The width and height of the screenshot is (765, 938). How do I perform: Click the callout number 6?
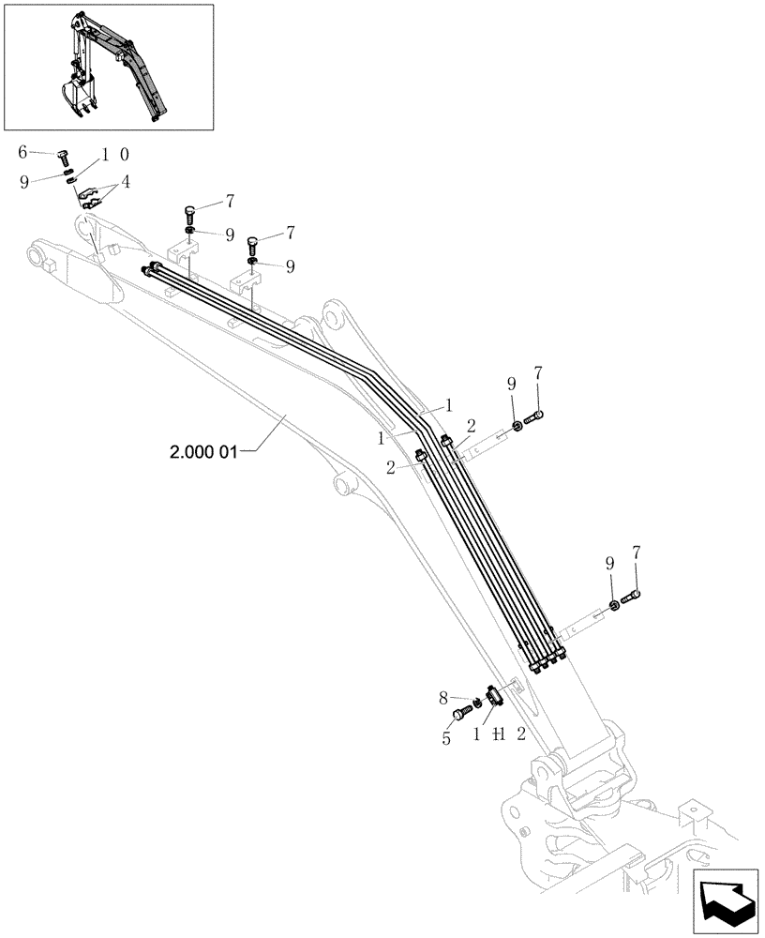tap(23, 152)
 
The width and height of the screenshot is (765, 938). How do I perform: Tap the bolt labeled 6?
tap(64, 157)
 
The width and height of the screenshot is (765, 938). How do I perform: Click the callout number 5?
tap(446, 738)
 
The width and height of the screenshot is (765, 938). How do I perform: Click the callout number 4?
tap(125, 183)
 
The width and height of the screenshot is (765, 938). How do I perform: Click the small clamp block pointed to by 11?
tap(493, 695)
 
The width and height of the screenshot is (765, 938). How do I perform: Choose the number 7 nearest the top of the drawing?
tap(229, 202)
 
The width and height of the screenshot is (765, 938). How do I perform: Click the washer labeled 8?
tap(476, 703)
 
